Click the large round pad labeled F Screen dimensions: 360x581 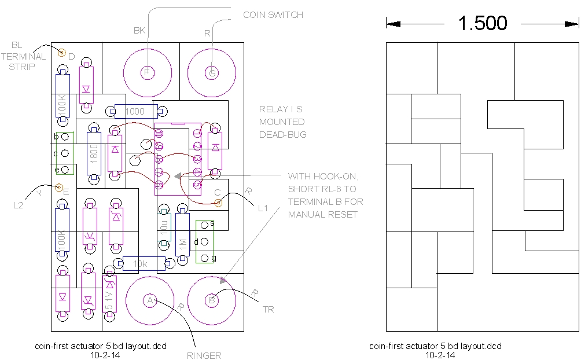147,72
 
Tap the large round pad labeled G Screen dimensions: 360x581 212,72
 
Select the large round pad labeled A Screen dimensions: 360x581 150,300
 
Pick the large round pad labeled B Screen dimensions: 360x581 212,300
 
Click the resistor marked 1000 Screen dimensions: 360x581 135,111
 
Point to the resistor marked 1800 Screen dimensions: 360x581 94,153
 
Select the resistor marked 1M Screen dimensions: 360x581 183,234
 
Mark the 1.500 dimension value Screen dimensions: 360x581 483,23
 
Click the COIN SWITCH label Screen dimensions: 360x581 273,14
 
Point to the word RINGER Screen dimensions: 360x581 204,355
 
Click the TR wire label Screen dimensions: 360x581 268,310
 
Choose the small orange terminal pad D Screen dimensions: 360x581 61,53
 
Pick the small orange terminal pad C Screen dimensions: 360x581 218,202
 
